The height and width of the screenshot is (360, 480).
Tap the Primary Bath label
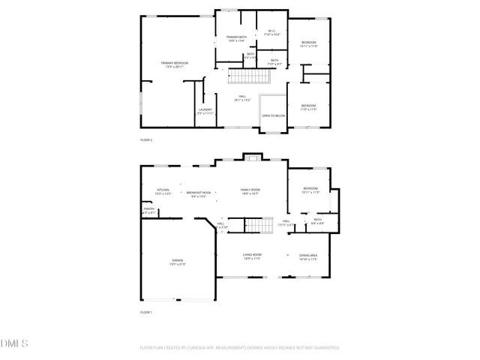(238, 39)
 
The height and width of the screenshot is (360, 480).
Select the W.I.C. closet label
(273, 33)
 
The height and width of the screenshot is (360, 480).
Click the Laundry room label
(205, 111)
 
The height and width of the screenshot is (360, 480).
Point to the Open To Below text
(273, 115)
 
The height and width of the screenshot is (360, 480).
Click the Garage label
(177, 262)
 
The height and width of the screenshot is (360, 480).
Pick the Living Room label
(251, 257)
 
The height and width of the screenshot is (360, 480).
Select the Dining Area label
(308, 257)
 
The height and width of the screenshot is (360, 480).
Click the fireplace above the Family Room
(253, 157)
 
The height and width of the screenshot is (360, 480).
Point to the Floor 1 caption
(146, 311)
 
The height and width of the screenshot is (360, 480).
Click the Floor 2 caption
(146, 140)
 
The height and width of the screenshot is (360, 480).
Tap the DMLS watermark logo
(15, 344)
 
